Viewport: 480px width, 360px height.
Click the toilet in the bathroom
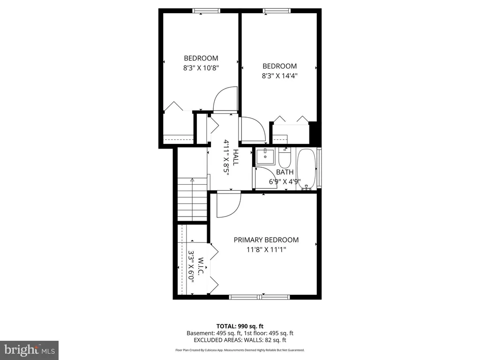[x=284, y=157]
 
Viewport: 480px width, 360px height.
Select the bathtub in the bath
[x=307, y=169]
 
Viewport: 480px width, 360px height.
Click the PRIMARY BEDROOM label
[x=266, y=240]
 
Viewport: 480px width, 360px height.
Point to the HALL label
[x=235, y=157]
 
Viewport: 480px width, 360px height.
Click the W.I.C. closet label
[x=201, y=266]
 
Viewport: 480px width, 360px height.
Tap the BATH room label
[x=285, y=172]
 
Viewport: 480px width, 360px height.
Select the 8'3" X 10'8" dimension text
[x=201, y=68]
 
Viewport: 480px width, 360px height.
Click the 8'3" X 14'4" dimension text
[x=279, y=75]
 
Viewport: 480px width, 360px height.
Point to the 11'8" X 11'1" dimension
[x=266, y=249]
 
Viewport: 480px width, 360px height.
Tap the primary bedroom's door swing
[x=229, y=204]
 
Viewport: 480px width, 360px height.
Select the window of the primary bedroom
[x=260, y=297]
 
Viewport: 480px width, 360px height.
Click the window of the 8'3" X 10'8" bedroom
[x=206, y=11]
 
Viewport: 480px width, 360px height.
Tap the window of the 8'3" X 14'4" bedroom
[x=277, y=11]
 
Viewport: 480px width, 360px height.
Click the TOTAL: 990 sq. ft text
[x=240, y=326]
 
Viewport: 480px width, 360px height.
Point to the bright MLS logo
[x=30, y=350]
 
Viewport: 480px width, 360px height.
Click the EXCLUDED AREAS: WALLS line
[x=240, y=340]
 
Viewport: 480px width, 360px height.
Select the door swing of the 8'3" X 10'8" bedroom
[x=225, y=99]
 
